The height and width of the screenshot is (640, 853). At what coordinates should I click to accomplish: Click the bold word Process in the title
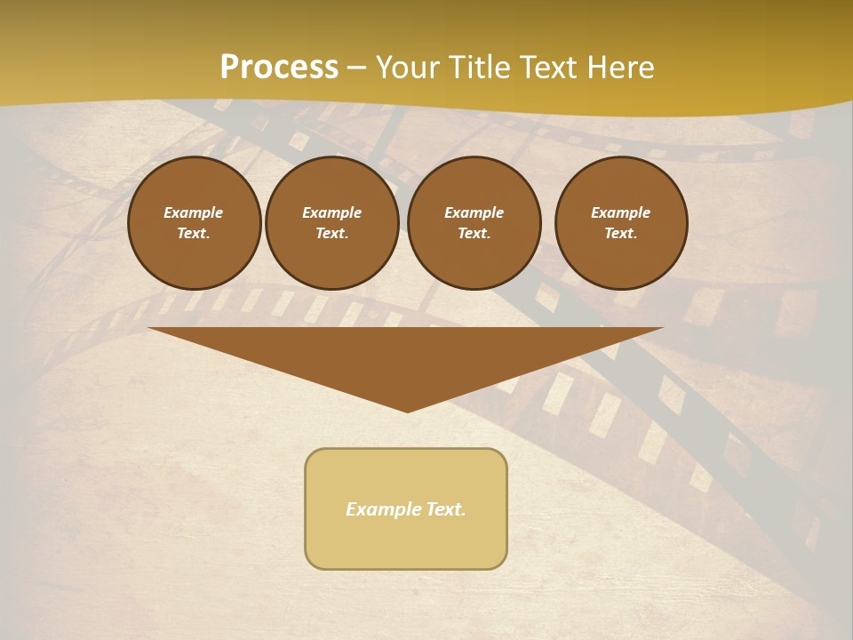coord(279,68)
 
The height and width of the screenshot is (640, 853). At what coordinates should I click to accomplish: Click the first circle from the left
coord(194,223)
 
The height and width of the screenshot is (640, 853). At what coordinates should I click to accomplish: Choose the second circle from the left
coord(331,223)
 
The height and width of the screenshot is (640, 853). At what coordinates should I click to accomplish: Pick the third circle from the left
coord(474,223)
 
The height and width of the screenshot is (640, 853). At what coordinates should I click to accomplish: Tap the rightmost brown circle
coord(621,223)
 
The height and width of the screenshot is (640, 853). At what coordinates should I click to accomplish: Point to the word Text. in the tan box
coord(446,509)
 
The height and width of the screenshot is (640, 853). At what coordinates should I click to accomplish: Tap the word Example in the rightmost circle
coord(621,212)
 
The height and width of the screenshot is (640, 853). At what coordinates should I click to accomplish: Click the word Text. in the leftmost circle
coord(194,234)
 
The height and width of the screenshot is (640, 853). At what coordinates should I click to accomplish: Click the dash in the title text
coord(357,68)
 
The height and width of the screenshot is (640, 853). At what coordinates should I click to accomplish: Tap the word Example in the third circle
coord(474,212)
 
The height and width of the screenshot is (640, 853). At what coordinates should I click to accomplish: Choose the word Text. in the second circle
coord(331,234)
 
